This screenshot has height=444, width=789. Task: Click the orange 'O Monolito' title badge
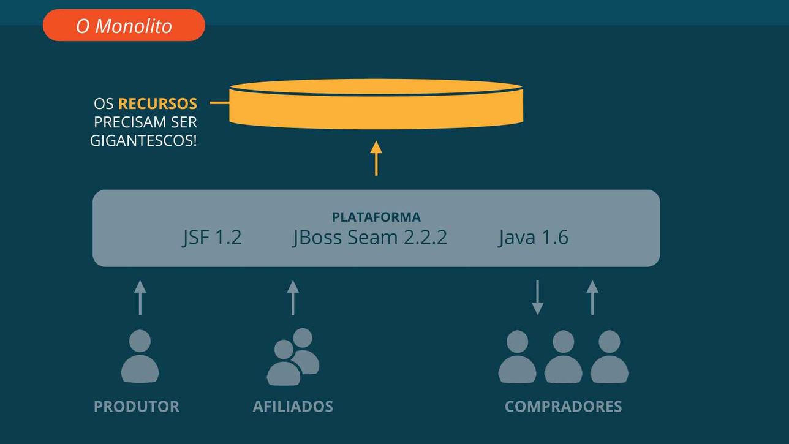124,25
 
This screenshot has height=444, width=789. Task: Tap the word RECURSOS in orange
157,104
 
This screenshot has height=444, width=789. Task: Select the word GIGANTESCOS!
143,141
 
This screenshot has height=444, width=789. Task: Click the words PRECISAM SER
145,122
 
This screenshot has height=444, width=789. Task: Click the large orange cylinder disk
376,104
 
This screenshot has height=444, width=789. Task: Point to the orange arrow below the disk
376,159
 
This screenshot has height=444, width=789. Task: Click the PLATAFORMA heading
376,217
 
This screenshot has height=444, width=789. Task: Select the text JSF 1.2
213,238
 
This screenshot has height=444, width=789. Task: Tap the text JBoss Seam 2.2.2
370,238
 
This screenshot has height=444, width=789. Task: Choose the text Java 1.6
534,238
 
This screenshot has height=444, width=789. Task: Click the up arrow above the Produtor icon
140,298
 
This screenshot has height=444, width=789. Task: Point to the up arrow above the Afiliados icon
293,298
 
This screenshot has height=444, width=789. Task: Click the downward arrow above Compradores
537,298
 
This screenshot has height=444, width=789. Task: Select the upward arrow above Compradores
592,298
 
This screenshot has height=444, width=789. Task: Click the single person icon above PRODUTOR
140,356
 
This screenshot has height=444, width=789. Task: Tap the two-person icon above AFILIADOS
293,356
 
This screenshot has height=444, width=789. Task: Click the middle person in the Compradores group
563,356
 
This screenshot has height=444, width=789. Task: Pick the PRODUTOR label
137,407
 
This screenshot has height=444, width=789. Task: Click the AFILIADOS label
293,407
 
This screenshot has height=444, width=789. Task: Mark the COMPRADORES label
563,407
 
